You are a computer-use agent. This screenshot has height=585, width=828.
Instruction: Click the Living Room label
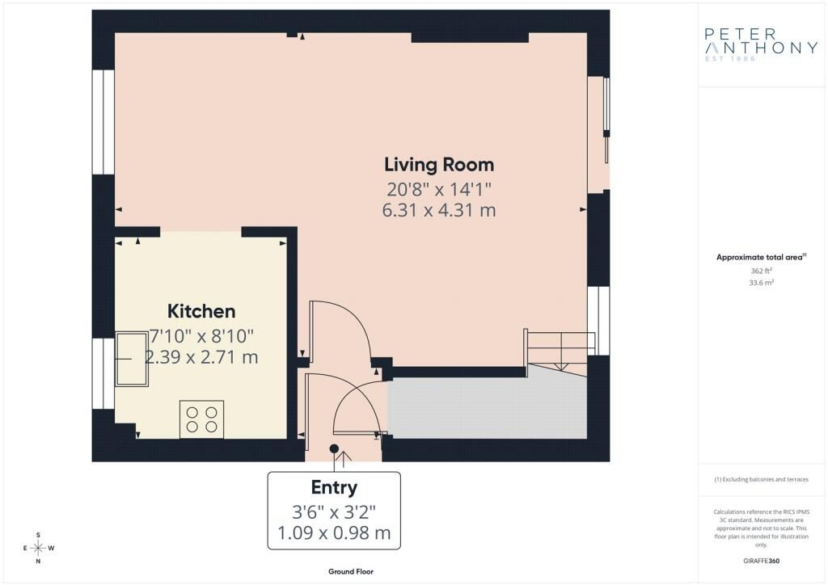439,165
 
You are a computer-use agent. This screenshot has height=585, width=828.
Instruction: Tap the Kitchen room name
201,311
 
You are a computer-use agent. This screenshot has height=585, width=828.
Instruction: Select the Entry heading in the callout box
334,488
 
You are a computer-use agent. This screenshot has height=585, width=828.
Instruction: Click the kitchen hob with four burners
201,419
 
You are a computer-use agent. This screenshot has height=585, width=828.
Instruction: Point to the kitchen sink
132,360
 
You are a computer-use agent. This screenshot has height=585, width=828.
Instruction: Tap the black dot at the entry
334,448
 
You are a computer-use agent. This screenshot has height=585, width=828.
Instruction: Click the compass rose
38,548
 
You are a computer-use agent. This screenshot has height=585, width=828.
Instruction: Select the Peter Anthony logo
761,44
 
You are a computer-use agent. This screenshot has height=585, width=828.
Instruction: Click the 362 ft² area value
762,271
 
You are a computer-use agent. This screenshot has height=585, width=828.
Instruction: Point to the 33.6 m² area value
762,283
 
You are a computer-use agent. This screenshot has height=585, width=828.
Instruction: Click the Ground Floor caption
351,571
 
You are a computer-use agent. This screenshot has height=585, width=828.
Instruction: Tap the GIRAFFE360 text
761,561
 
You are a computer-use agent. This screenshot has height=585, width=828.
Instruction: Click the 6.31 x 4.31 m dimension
439,210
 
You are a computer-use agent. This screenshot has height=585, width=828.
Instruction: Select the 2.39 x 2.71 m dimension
201,357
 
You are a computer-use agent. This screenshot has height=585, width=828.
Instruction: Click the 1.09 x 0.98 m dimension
334,532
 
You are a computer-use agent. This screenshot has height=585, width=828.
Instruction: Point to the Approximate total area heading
761,258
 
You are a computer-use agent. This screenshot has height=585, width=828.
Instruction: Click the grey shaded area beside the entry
487,407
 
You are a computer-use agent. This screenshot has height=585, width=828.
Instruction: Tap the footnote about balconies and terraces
761,479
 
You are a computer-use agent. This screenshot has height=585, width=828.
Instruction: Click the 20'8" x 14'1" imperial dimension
439,188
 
